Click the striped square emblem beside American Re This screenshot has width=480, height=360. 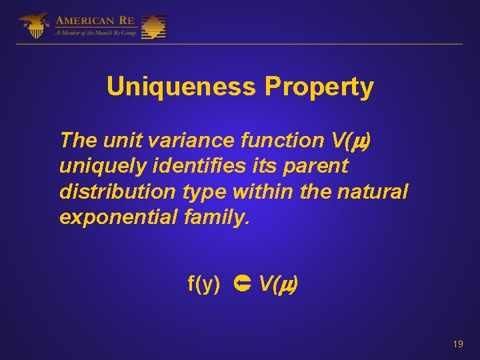153,27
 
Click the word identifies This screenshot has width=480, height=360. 175,166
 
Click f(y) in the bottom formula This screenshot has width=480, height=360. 204,285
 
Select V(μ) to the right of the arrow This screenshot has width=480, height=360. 278,285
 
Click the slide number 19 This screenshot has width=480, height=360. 457,344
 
